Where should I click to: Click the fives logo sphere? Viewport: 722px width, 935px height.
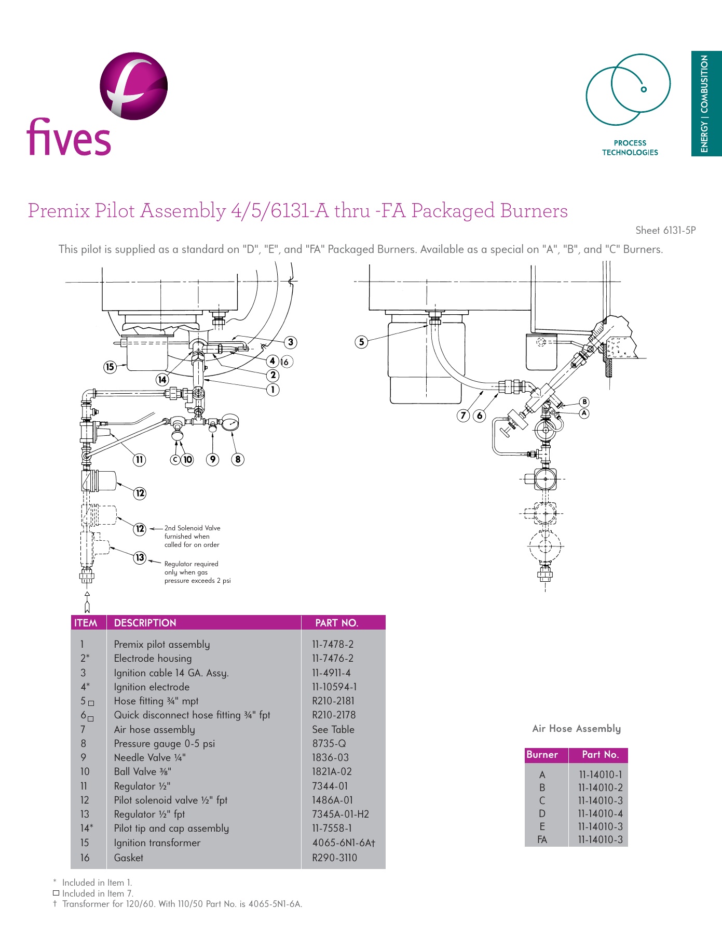[134, 86]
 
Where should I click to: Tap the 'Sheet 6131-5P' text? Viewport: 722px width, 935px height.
[665, 231]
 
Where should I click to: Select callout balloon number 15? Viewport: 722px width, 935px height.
[110, 367]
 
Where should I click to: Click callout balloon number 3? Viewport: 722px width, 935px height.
[291, 342]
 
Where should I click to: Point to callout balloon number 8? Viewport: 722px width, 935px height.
[238, 459]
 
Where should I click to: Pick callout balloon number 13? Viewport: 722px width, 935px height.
[140, 557]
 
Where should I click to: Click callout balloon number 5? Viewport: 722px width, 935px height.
[361, 342]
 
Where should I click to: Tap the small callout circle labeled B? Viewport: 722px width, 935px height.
[584, 402]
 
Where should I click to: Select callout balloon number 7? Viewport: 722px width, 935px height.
[463, 415]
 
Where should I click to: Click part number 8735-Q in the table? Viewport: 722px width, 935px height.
[329, 743]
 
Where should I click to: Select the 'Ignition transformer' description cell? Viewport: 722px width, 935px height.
[157, 843]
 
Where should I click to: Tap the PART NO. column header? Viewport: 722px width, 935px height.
[336, 623]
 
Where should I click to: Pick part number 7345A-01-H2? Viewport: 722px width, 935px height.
[340, 814]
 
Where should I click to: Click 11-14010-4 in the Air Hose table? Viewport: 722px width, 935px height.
[600, 813]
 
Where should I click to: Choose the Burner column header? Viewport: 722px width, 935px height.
[542, 755]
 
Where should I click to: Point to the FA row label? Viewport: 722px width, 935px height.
[542, 839]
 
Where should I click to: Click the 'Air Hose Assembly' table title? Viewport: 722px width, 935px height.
[576, 728]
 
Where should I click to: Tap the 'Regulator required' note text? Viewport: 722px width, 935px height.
[191, 564]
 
